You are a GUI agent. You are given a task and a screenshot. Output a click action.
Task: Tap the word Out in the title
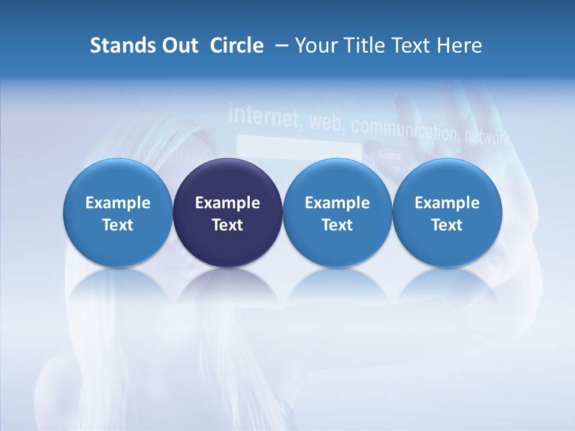coord(178,45)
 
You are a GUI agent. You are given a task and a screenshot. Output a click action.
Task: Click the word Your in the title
coord(316,45)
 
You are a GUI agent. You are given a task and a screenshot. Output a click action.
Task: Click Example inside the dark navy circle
coord(228,203)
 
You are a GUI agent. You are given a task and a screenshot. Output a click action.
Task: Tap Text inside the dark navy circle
coord(228,225)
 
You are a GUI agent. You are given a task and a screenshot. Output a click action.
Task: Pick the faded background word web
coord(326,122)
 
